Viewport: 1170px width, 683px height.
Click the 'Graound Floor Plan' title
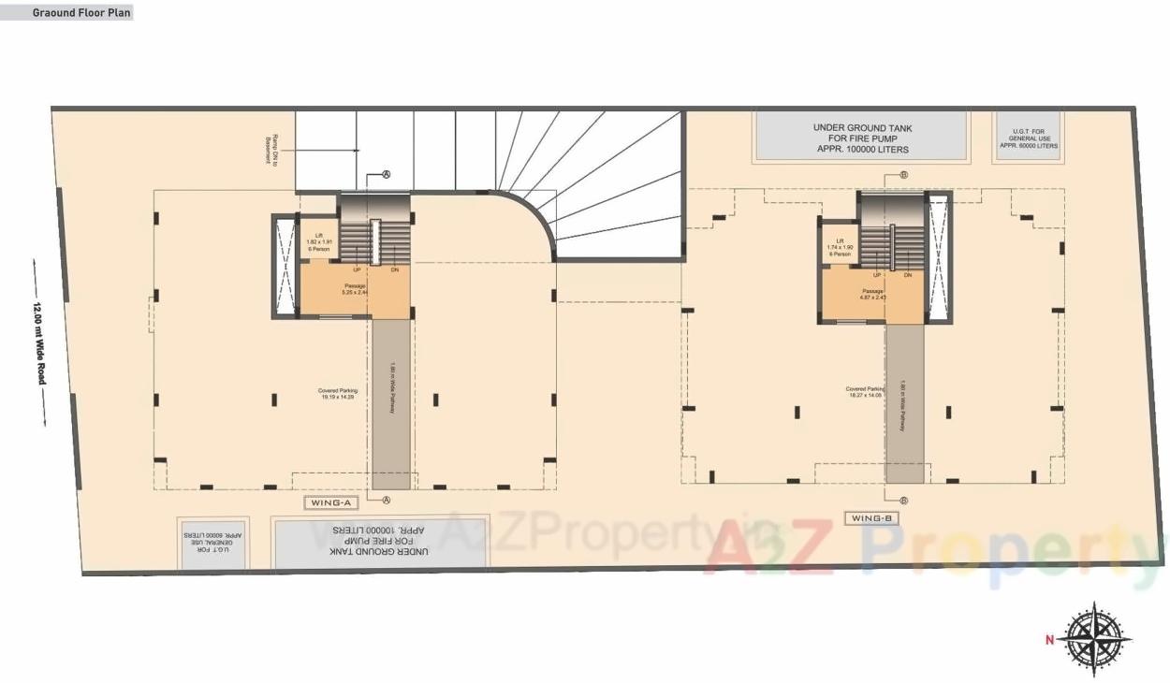point(81,13)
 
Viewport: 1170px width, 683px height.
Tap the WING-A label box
point(331,503)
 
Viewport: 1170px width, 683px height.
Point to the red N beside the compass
point(1050,641)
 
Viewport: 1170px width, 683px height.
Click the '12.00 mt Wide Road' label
point(40,343)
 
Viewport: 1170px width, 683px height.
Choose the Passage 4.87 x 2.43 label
point(873,294)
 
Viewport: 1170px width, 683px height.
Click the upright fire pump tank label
point(862,138)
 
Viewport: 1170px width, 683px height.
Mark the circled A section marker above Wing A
point(386,175)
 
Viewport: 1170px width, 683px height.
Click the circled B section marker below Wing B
point(904,501)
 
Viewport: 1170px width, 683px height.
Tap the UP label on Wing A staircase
point(357,269)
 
